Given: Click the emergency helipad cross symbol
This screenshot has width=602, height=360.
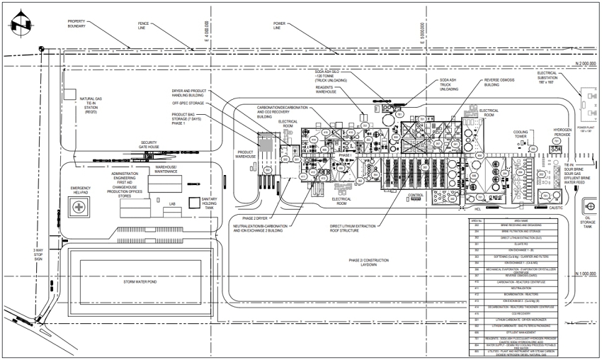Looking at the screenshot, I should (79, 206).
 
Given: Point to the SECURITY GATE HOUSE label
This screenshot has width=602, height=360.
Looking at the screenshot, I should (149, 145).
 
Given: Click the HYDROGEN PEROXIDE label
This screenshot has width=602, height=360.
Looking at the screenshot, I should (562, 133).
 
